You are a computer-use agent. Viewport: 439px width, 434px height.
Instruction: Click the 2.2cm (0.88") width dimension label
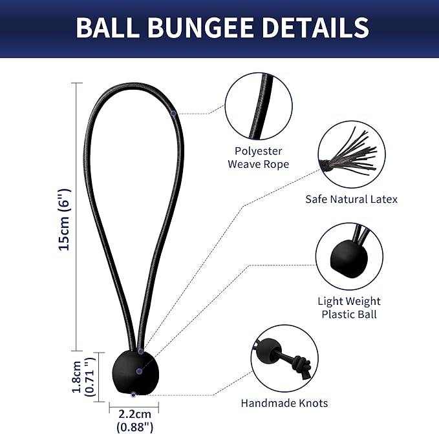pos(134,420)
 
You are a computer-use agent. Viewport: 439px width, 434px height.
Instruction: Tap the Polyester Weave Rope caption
pos(258,157)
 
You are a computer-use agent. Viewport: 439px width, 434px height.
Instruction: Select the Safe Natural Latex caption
pos(351,200)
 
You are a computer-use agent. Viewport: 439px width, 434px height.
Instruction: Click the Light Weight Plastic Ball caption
pos(348,307)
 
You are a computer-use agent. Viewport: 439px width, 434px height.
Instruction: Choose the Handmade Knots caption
pos(284,403)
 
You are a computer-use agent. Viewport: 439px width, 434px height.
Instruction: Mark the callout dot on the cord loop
pos(174,114)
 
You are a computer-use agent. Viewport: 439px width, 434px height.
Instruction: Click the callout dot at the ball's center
pos(139,371)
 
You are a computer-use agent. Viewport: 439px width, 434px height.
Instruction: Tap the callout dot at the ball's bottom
pos(133,393)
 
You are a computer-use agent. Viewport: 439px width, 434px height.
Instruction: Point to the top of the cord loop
pos(134,85)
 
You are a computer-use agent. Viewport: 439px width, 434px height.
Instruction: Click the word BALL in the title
pos(107,28)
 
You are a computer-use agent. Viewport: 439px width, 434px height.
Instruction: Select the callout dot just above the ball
pos(141,351)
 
